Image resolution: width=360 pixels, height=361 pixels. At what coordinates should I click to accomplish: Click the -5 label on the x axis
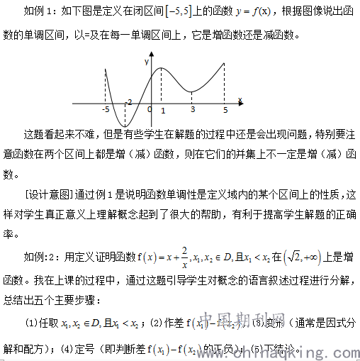coord(105,110)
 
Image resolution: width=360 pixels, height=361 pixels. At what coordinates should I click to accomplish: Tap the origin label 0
coord(150,109)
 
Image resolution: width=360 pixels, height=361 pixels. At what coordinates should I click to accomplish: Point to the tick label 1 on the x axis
coord(163,111)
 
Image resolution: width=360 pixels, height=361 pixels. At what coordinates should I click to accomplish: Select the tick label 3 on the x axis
coord(192,110)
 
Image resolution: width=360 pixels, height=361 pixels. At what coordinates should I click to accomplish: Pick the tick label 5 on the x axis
coord(225,110)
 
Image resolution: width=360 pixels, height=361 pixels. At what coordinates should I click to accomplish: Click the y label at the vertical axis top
coord(146,62)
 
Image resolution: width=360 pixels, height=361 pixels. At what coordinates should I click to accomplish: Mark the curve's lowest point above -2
coord(125,126)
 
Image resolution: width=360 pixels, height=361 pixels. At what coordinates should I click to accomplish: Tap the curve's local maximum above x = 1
coord(162,69)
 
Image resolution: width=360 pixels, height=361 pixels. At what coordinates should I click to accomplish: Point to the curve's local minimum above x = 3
coord(193,87)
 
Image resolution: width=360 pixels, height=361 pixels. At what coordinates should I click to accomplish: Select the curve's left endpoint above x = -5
coord(105,71)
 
